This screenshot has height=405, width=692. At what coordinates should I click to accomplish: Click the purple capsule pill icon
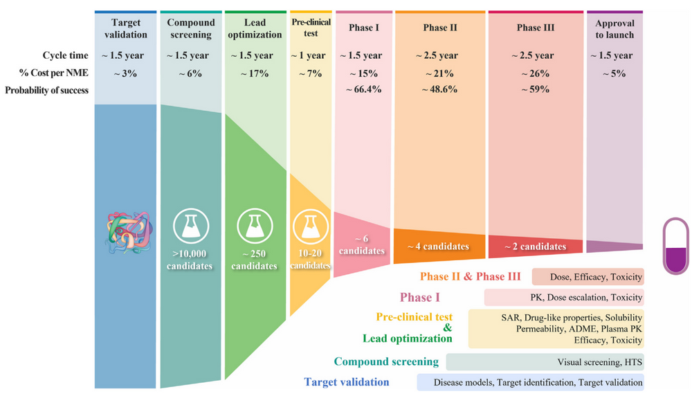[x=675, y=246]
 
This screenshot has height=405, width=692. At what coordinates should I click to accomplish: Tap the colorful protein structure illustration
[x=128, y=230]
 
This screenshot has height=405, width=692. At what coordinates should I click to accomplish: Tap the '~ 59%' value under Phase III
[x=536, y=89]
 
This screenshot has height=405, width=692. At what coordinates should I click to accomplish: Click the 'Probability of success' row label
[x=47, y=89]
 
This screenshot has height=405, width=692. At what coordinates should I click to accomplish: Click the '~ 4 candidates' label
[x=439, y=246]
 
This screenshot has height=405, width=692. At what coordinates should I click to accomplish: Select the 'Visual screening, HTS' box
[x=545, y=362]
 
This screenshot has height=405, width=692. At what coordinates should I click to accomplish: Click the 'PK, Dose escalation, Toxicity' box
[x=564, y=298]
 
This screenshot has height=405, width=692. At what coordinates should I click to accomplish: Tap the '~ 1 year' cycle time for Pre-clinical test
[x=311, y=55]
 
